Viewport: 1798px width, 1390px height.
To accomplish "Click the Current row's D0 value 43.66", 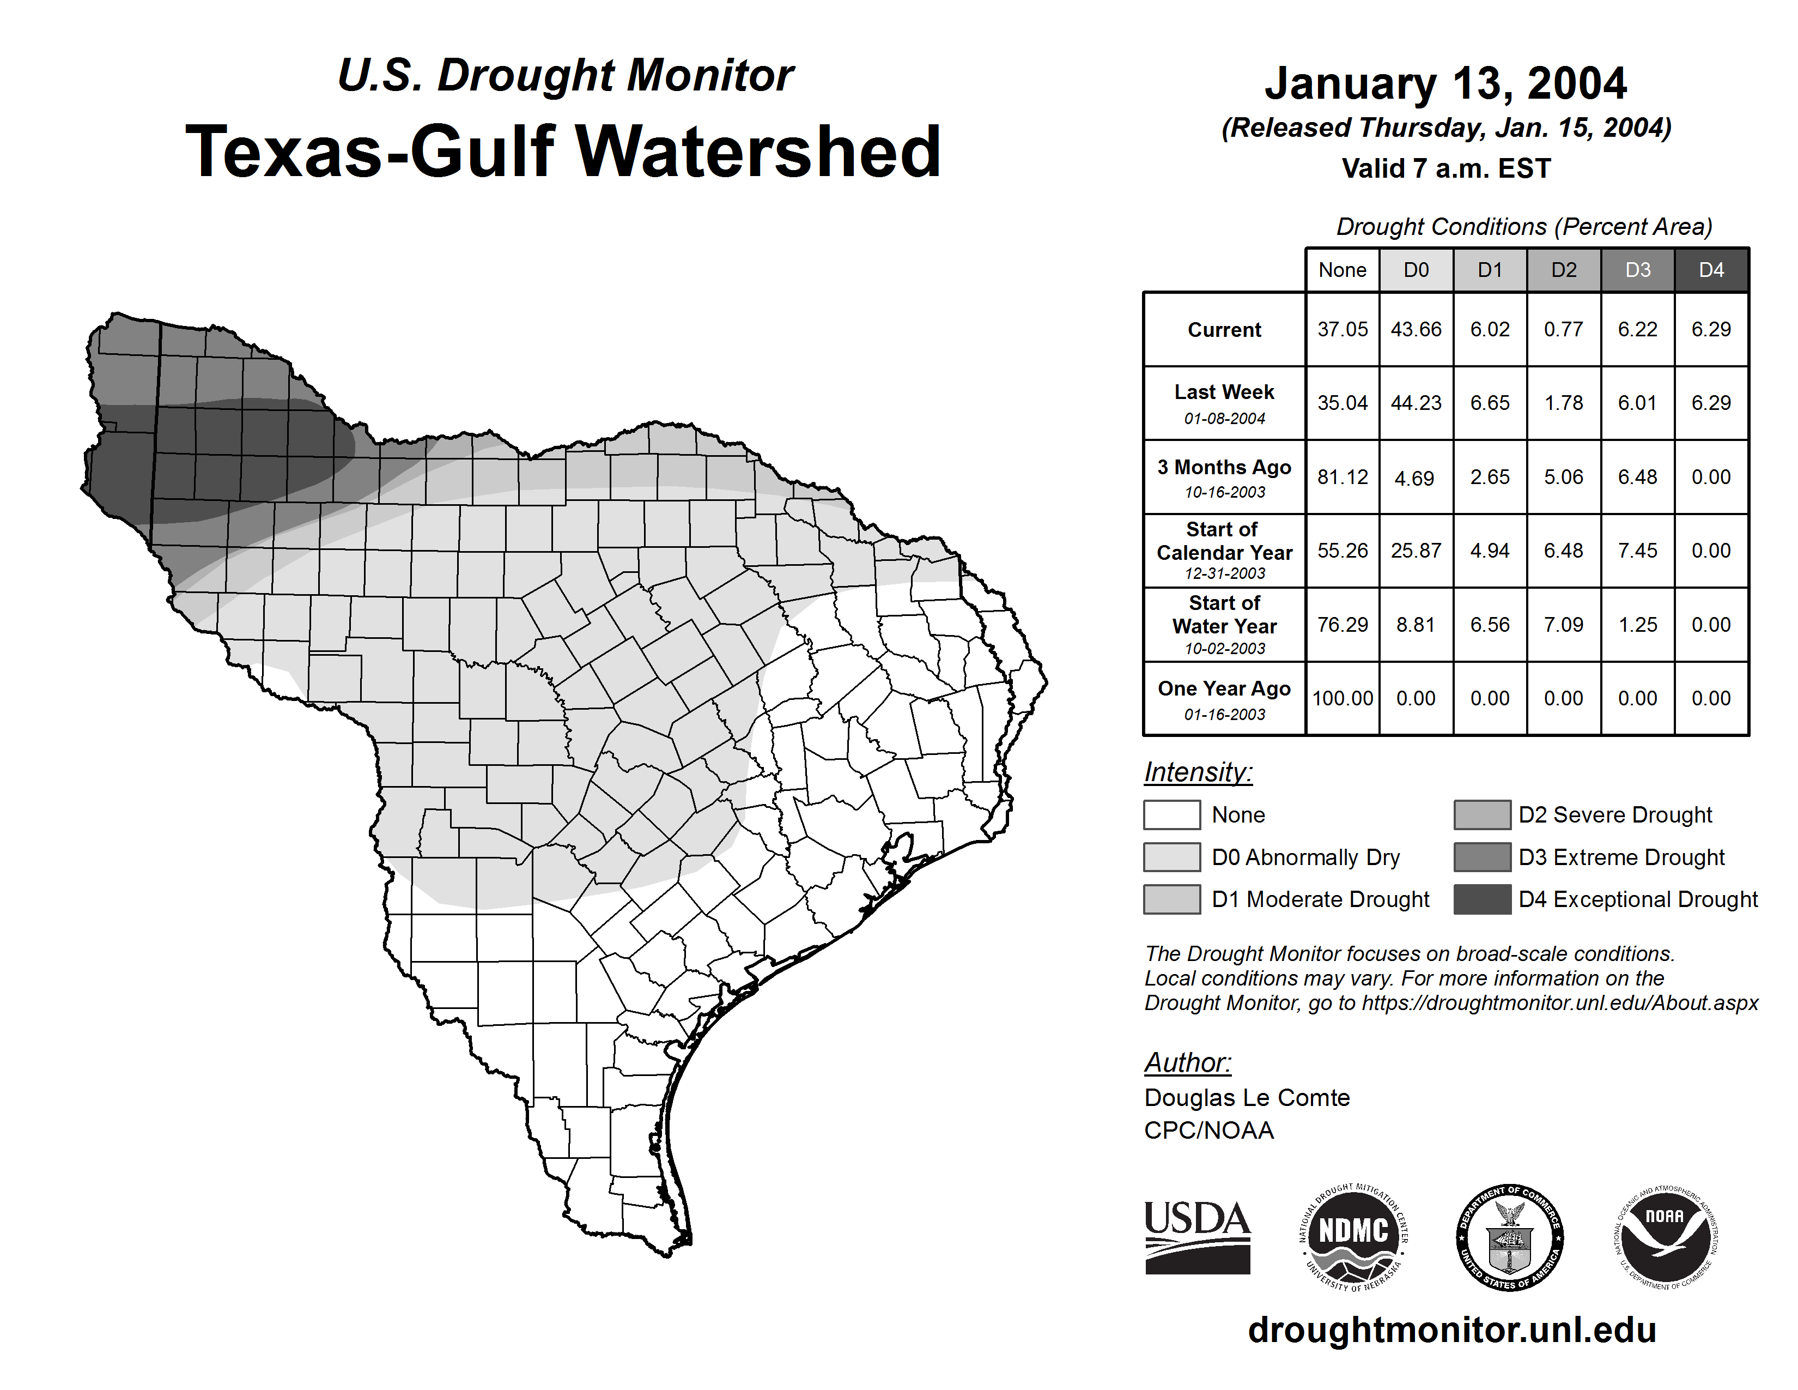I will pos(1416,329).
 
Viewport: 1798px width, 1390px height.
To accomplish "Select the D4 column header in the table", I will pos(1711,270).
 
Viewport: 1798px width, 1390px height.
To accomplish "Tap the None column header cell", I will pos(1342,270).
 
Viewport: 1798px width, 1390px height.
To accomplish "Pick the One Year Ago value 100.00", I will pos(1342,698).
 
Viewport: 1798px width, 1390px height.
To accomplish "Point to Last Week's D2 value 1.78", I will pos(1563,403).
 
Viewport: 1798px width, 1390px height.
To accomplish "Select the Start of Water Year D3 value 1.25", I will pos(1637,624).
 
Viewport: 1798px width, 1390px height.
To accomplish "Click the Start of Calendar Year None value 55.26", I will pos(1342,550).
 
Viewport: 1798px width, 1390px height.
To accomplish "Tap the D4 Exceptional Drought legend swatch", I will pos(1482,899).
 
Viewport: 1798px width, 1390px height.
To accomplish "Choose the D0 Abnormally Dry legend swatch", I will pos(1171,856).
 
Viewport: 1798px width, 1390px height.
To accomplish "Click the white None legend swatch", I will pos(1171,814).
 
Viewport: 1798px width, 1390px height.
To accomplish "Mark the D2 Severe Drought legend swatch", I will pos(1482,814).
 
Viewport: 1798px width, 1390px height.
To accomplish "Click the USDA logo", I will pos(1197,1237).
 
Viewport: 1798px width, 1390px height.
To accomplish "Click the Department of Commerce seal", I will pos(1509,1237).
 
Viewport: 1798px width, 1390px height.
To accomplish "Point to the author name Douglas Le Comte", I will pos(1247,1098).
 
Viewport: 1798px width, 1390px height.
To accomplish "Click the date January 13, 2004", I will pos(1445,83).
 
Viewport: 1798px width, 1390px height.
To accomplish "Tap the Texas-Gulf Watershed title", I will pos(563,152).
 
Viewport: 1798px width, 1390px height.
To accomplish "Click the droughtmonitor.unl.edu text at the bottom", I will pos(1452,1330).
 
